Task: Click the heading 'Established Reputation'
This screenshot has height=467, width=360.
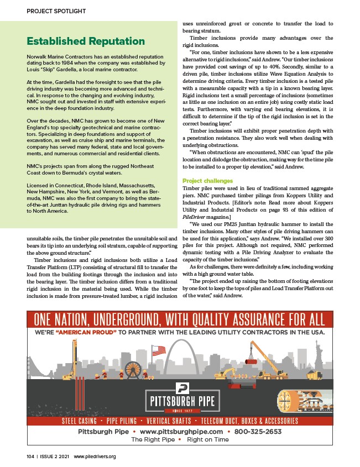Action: point(86,41)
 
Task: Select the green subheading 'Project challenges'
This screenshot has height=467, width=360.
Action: point(207,181)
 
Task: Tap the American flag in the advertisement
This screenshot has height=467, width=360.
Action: point(159,350)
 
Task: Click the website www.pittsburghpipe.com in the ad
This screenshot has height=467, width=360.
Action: point(181,432)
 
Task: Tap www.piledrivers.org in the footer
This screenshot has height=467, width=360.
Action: point(94,456)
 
